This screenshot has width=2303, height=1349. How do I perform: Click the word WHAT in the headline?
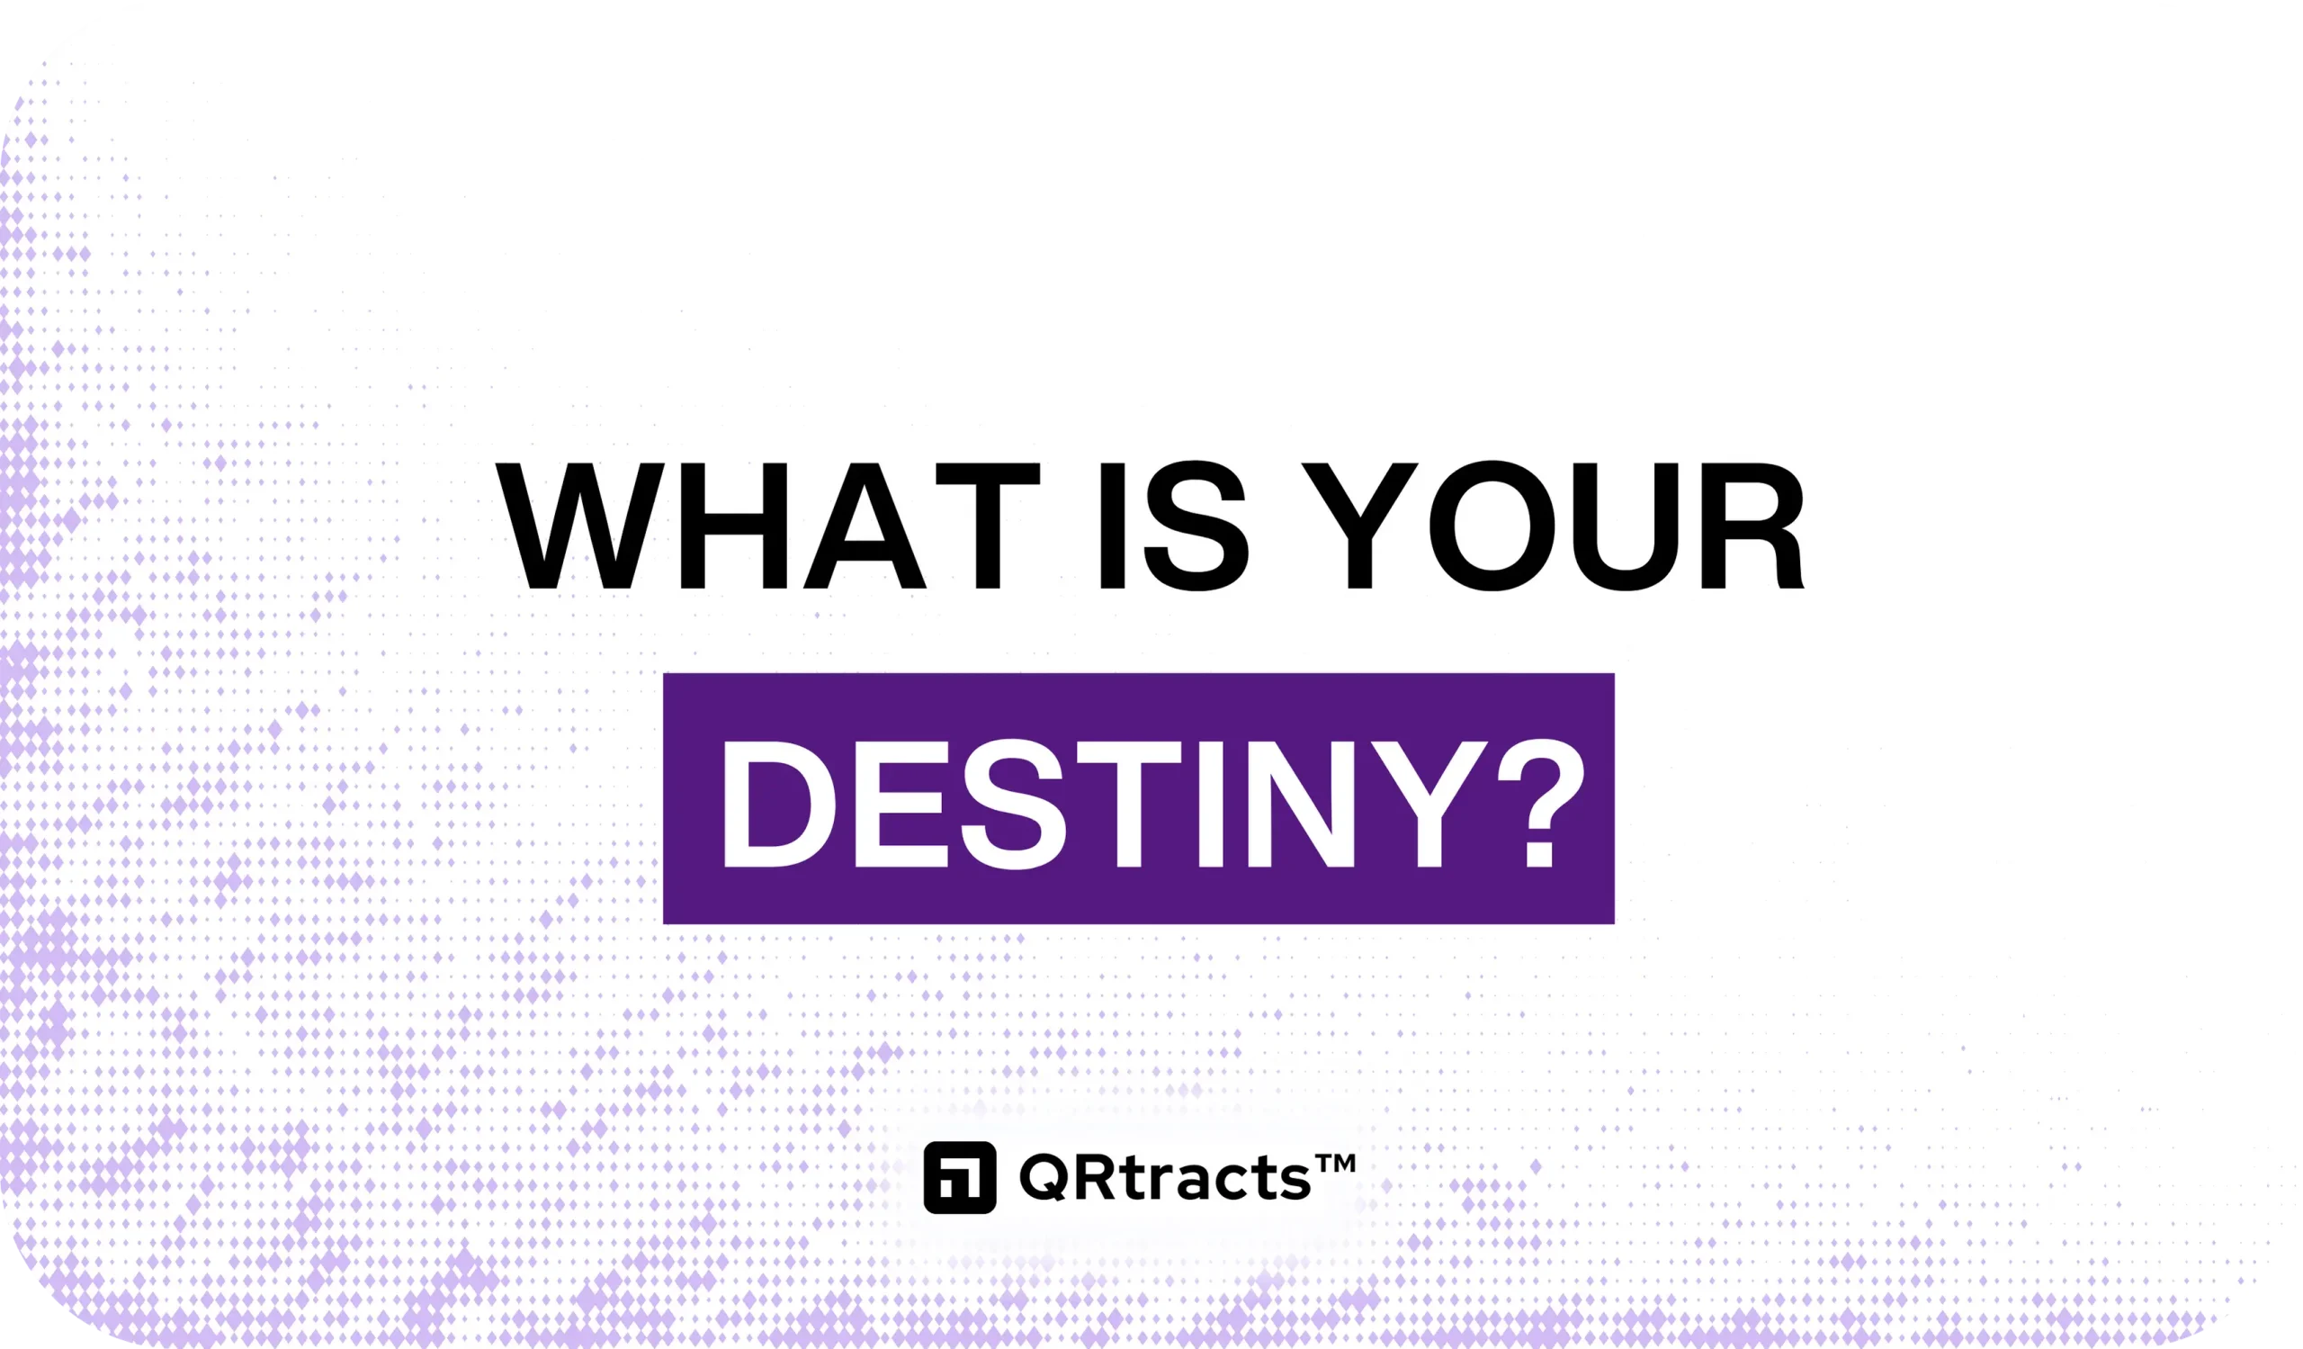pos(767,526)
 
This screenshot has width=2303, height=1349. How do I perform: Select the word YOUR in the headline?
pos(1553,526)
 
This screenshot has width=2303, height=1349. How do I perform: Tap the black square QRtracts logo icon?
pos(960,1177)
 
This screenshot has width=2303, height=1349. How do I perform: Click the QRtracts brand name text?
pos(1166,1177)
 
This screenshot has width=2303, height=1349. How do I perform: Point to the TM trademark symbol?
pos(1335,1164)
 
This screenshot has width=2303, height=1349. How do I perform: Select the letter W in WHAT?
pos(579,526)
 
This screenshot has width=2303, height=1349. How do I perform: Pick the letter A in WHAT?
pos(865,526)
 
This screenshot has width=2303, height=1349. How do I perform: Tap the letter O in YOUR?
pos(1492,526)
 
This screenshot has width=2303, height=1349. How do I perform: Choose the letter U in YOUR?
pos(1626,527)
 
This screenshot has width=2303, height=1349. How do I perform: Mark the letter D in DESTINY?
pos(779,804)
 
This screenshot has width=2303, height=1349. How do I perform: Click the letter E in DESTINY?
pos(901,804)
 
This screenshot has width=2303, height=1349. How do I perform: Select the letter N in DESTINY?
pos(1301,804)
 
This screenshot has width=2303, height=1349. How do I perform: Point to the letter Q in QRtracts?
pos(1044,1177)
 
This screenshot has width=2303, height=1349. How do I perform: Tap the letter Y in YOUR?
pos(1360,526)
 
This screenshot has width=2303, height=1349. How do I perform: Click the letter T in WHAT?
pos(989,526)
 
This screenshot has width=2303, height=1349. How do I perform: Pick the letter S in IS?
pos(1196,526)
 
